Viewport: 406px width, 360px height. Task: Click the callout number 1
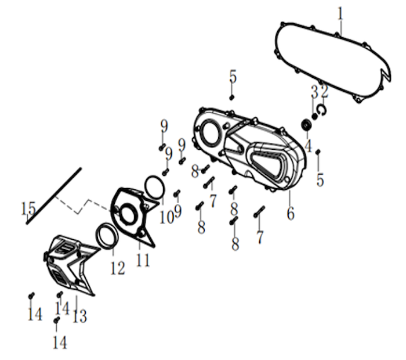(341, 14)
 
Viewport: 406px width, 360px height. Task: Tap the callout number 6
(291, 214)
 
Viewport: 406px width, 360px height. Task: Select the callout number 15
(28, 208)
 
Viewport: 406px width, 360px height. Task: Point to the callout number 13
(79, 316)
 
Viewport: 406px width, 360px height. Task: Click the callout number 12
(118, 268)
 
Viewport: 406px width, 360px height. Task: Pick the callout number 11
(143, 260)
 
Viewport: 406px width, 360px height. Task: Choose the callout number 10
(166, 217)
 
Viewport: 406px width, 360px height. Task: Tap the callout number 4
(308, 146)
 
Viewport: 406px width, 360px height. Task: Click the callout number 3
(314, 92)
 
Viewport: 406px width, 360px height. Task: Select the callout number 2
(324, 92)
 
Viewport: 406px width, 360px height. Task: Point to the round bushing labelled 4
(307, 125)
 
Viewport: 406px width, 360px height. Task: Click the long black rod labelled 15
(54, 196)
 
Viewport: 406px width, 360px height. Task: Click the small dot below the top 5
(232, 98)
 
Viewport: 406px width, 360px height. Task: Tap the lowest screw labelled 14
(56, 320)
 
